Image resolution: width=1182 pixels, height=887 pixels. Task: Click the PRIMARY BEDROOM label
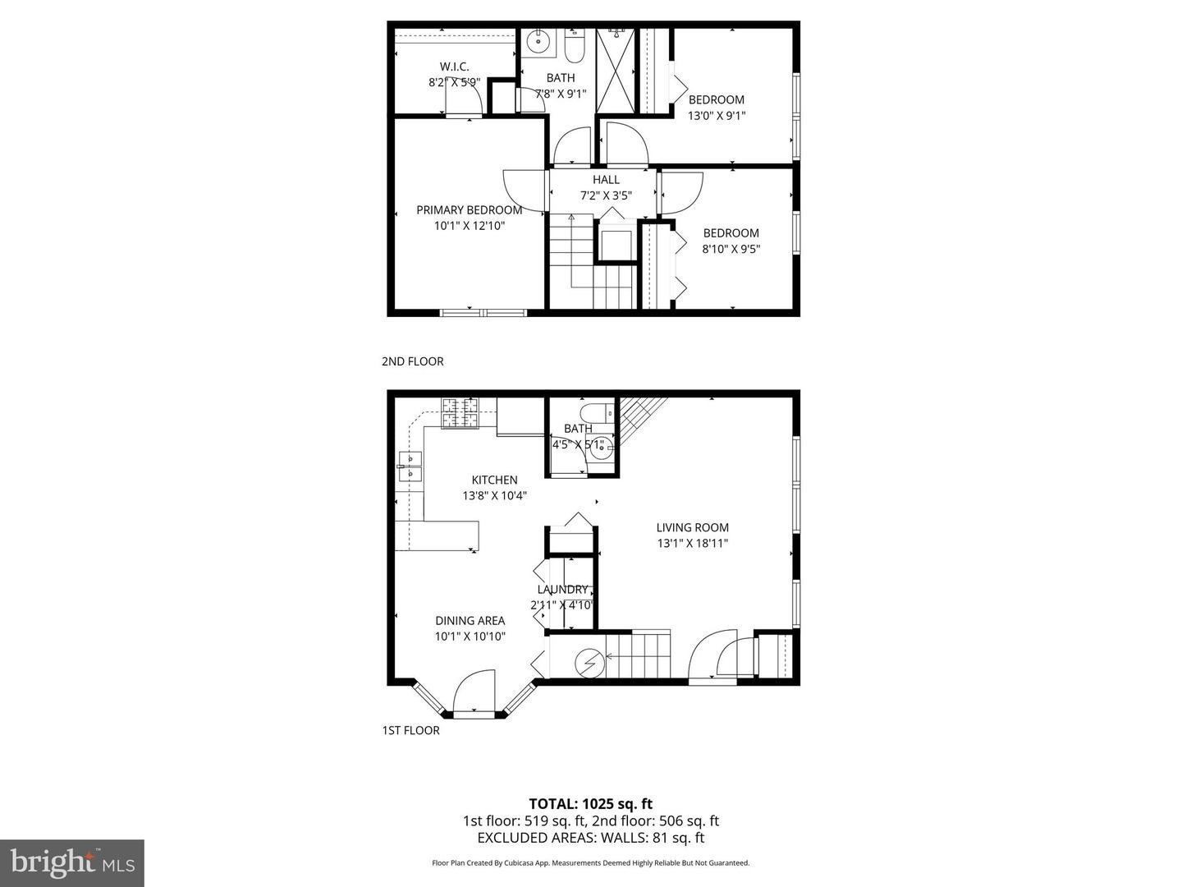tap(469, 210)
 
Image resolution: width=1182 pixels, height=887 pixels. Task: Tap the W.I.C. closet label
tap(454, 67)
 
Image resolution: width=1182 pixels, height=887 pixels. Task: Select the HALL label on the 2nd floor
tap(606, 180)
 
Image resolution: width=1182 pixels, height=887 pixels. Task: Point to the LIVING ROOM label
tap(692, 527)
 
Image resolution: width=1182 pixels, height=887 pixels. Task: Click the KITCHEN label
tap(494, 480)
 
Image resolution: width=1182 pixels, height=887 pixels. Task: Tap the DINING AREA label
tap(470, 621)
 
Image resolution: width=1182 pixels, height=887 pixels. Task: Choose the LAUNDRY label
tap(562, 589)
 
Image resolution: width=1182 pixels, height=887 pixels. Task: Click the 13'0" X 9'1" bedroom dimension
tap(716, 116)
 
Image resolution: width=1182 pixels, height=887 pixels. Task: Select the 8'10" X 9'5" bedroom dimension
tap(731, 249)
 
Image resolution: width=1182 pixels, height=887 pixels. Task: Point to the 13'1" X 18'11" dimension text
tap(692, 543)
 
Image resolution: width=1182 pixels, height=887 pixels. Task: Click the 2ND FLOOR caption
tap(412, 361)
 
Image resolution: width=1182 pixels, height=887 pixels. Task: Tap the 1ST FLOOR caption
tap(410, 730)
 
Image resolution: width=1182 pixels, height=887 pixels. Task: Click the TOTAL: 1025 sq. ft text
tap(590, 804)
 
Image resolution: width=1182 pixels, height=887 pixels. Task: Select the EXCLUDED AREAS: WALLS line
tap(590, 838)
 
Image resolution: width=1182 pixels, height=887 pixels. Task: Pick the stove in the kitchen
tap(460, 412)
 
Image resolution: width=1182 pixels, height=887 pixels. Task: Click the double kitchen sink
tap(409, 466)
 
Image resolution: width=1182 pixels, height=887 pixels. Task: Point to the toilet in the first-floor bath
tap(592, 411)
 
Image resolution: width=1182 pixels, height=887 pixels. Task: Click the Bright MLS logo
tap(71, 862)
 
